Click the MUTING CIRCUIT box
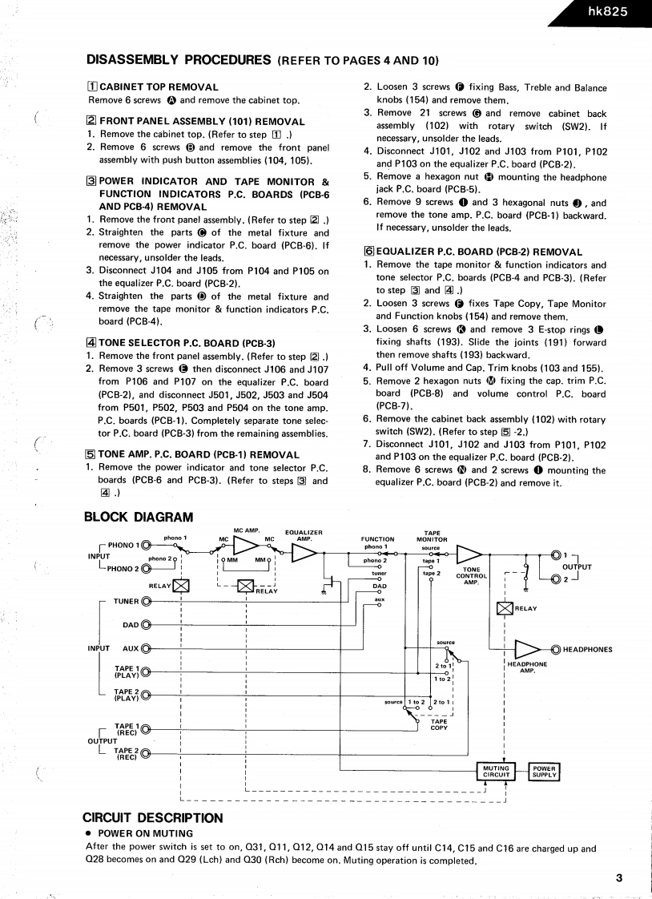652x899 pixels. (x=497, y=772)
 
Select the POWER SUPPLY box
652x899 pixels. (x=545, y=772)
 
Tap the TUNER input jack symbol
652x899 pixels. (x=147, y=601)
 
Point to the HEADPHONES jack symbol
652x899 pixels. (x=556, y=649)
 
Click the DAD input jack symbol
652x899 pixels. (x=147, y=625)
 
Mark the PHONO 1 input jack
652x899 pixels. (x=146, y=546)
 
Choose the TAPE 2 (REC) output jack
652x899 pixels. (x=147, y=753)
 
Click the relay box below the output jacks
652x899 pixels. (x=505, y=608)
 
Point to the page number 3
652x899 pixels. (x=619, y=877)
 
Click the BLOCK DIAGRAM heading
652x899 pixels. (x=139, y=518)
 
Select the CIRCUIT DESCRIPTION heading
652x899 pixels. (x=153, y=818)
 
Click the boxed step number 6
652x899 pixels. (x=369, y=252)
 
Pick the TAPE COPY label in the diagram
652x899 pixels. (x=439, y=724)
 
